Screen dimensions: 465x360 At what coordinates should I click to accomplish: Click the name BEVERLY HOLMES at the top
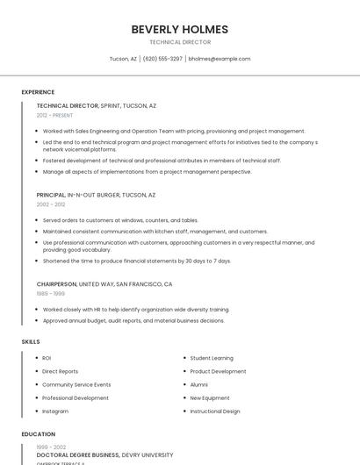pyautogui.click(x=179, y=29)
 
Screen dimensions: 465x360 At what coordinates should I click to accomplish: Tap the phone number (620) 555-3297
pyautogui.click(x=162, y=59)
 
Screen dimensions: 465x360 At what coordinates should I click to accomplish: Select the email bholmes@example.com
pyautogui.click(x=220, y=59)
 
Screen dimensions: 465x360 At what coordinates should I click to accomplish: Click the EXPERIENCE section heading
pyautogui.click(x=38, y=92)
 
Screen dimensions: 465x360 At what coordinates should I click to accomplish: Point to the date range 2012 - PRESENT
pyautogui.click(x=54, y=115)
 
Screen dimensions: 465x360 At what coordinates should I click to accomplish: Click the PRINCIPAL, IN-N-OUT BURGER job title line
pyautogui.click(x=96, y=195)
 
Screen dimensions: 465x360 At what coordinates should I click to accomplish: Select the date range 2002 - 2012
pyautogui.click(x=50, y=204)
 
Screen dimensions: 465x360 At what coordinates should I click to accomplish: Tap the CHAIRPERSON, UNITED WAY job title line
pyautogui.click(x=104, y=284)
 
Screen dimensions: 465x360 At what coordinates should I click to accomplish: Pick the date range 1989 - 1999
pyautogui.click(x=50, y=294)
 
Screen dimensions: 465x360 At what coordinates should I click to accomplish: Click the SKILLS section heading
pyautogui.click(x=31, y=340)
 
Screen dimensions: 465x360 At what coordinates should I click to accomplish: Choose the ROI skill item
pyautogui.click(x=47, y=358)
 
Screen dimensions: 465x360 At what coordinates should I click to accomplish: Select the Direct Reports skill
pyautogui.click(x=60, y=371)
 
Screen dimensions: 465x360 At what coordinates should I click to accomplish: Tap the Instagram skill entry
pyautogui.click(x=54, y=411)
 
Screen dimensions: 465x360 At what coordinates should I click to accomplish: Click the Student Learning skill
pyautogui.click(x=212, y=358)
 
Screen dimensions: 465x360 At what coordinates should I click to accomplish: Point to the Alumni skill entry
pyautogui.click(x=198, y=384)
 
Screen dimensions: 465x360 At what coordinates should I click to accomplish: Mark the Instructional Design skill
pyautogui.click(x=214, y=411)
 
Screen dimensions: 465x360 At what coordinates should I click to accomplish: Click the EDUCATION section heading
pyautogui.click(x=38, y=434)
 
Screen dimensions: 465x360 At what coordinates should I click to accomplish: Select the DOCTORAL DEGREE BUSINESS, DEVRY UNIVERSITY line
pyautogui.click(x=104, y=455)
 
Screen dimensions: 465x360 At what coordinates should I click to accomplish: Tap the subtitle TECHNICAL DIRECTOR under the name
pyautogui.click(x=179, y=42)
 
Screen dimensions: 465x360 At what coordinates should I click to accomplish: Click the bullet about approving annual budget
pyautogui.click(x=133, y=320)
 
